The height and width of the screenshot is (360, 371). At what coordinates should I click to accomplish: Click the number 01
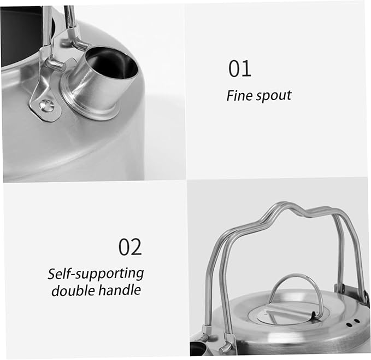pos(239,68)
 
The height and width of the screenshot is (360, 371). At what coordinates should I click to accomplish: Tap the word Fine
pos(239,95)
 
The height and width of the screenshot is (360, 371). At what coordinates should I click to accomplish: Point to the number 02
pos(130,247)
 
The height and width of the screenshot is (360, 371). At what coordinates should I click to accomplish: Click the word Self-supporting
pos(96,274)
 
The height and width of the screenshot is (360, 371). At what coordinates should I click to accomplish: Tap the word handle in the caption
pos(120,290)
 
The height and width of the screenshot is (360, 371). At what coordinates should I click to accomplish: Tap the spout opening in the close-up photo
pos(111,63)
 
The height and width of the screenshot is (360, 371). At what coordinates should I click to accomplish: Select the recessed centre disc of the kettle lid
pos(288,312)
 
